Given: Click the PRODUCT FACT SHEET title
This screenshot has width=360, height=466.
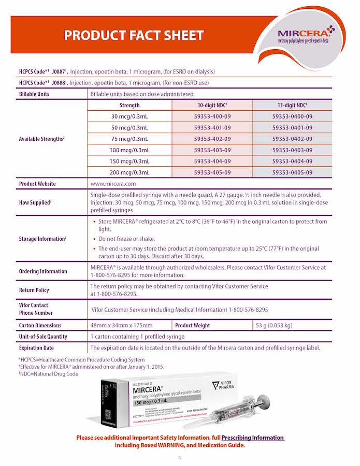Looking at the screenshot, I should pos(134,36).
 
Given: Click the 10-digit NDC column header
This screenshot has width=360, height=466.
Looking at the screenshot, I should pos(212,105).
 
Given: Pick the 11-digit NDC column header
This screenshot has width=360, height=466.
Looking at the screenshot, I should pos(292,105).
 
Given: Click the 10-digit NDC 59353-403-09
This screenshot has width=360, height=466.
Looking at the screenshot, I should pos(212,150).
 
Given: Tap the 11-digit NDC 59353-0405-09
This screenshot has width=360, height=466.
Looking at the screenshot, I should pos(292,172).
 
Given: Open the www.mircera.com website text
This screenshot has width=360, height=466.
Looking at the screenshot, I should pos(113,184).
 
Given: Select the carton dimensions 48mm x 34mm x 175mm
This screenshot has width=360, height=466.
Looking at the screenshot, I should pos(121,325).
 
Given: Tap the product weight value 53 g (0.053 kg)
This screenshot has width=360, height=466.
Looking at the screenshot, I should pos(273,325).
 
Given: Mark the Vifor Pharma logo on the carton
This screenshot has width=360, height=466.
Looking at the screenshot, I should pos(224,385).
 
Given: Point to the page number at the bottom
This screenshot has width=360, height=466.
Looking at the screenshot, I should pos(180,458).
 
